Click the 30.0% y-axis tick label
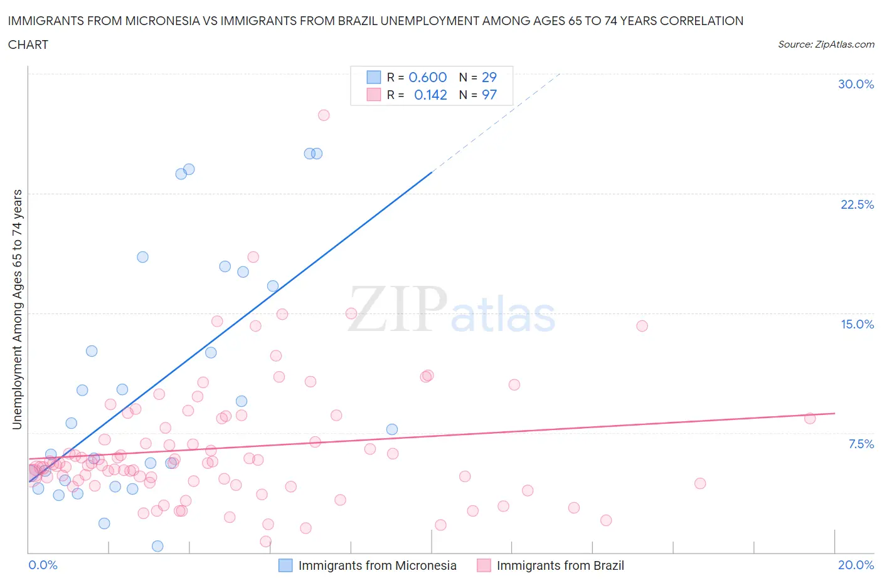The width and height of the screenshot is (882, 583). [x=856, y=84]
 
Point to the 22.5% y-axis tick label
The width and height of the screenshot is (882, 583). [x=857, y=204]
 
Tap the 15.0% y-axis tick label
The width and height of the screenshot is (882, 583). [x=857, y=324]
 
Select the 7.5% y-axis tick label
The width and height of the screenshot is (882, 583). [x=861, y=444]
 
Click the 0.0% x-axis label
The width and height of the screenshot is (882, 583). [x=43, y=565]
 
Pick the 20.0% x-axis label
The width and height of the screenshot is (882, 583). [x=856, y=565]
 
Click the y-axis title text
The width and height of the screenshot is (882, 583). [x=17, y=309]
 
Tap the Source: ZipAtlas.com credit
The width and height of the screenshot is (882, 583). [x=826, y=44]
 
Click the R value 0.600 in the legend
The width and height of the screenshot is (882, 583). [x=427, y=77]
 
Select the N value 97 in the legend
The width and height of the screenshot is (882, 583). [x=489, y=95]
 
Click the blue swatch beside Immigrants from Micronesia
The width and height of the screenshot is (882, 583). [x=285, y=565]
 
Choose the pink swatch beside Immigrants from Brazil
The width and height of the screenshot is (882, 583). [x=484, y=565]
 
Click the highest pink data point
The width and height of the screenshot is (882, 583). [x=324, y=115]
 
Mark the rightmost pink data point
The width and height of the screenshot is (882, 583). [x=810, y=418]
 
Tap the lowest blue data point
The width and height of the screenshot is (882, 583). [x=157, y=546]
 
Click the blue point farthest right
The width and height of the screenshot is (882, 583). [x=392, y=429]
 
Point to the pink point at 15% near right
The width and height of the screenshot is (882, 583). [x=642, y=326]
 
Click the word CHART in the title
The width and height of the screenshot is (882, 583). [x=28, y=45]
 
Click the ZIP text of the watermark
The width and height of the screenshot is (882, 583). [x=397, y=309]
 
